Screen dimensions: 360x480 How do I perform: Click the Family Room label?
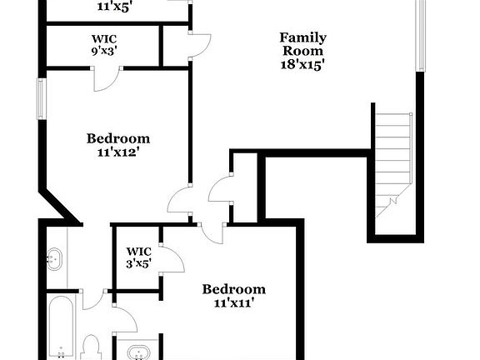(x=302, y=44)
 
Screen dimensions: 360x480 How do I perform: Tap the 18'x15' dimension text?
(x=302, y=64)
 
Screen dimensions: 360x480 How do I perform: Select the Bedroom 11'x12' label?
(x=118, y=145)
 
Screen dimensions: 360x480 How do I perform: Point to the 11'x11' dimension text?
(x=234, y=303)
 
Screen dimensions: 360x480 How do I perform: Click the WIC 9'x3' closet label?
(x=104, y=44)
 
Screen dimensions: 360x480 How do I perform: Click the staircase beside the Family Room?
(x=393, y=163)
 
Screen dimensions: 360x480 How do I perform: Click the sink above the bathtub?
(x=54, y=259)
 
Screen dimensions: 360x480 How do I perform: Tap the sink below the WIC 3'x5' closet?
(x=138, y=352)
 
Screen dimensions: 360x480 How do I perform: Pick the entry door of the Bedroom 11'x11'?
(x=212, y=231)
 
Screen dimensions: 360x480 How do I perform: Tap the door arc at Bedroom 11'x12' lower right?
(x=181, y=200)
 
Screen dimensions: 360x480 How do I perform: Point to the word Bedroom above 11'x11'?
(x=234, y=289)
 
